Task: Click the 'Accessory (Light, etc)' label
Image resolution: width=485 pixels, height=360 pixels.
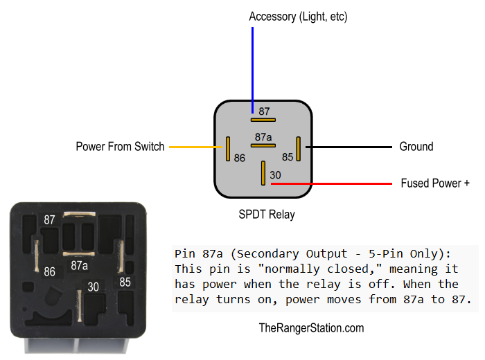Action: [x=298, y=16]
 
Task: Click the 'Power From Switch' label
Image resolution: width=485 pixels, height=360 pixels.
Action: [x=120, y=147]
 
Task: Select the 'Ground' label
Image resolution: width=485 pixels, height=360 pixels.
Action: [x=416, y=147]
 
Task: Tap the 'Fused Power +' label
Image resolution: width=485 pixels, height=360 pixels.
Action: [x=435, y=183]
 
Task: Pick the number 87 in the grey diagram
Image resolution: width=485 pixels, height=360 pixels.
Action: [x=264, y=111]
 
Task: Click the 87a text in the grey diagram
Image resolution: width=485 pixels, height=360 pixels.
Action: [x=263, y=136]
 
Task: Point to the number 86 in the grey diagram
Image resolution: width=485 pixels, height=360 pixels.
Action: [x=240, y=158]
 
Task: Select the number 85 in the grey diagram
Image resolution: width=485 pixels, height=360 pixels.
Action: [x=288, y=158]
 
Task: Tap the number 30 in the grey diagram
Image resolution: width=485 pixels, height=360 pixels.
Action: [x=275, y=175]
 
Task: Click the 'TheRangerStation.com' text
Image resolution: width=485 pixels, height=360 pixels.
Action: [x=311, y=328]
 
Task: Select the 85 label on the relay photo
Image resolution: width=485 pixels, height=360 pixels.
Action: [x=125, y=282]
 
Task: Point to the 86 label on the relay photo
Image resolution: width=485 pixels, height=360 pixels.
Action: [x=50, y=272]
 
